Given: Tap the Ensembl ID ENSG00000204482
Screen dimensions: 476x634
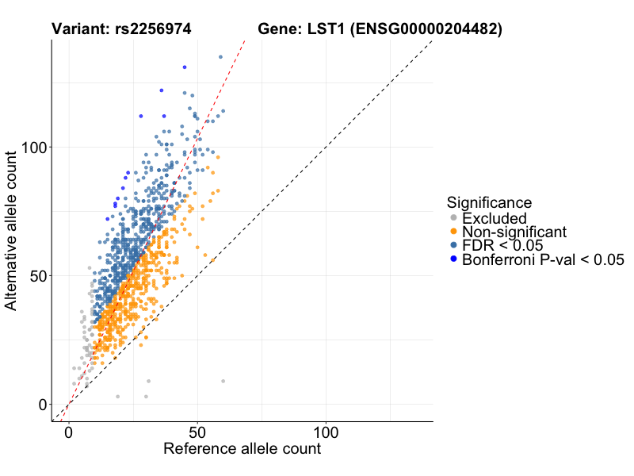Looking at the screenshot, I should (426, 30).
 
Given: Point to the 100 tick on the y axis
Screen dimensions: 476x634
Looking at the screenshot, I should (35, 148).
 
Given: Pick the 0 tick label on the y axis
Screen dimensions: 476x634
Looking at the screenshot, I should (44, 405).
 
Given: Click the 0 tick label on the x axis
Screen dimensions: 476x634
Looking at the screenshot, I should (68, 435).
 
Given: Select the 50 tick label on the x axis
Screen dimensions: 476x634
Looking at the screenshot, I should (197, 435).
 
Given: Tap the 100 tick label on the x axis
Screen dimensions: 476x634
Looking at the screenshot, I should (325, 435).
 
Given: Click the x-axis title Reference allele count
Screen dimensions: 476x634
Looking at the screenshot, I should (242, 450).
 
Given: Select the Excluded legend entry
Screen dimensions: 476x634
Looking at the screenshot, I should (494, 218).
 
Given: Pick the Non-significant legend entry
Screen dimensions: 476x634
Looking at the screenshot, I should (514, 232).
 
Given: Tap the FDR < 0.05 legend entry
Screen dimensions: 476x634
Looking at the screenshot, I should (502, 246).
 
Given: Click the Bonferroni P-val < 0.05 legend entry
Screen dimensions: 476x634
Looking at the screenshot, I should (543, 259).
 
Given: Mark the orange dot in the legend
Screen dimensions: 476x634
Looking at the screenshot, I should (453, 232).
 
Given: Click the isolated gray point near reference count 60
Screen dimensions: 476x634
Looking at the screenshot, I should (223, 381).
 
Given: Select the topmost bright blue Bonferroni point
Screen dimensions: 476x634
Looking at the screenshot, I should (185, 67).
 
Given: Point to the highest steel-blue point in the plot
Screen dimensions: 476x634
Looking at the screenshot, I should (220, 56).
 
